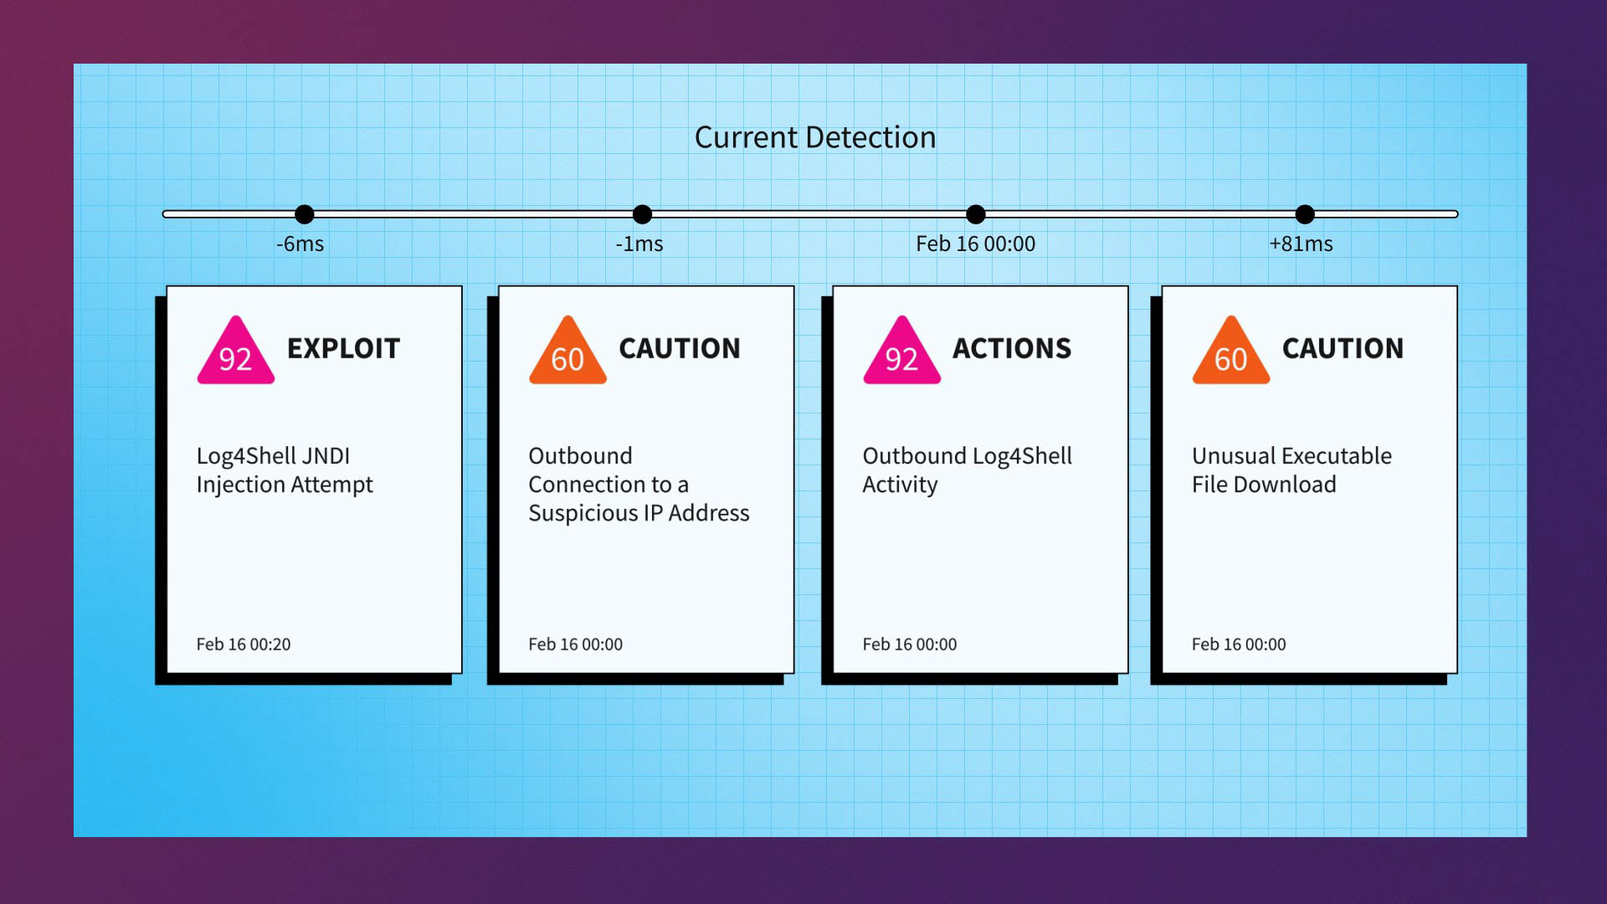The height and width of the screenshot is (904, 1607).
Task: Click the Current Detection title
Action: [814, 137]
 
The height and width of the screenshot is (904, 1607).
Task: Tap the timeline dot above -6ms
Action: [305, 214]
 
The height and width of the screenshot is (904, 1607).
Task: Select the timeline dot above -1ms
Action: [642, 214]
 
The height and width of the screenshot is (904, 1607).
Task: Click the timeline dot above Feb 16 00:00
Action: [975, 214]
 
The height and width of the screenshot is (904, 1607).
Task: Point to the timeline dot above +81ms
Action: [1304, 214]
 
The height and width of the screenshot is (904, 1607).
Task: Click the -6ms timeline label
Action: [300, 244]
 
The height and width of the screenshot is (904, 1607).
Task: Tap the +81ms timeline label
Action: [1301, 244]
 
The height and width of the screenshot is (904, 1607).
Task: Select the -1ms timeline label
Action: [639, 244]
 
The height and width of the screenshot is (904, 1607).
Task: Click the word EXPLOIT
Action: [343, 348]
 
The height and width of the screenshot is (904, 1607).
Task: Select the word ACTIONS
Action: [1011, 348]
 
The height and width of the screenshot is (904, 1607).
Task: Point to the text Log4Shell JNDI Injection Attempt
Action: [285, 470]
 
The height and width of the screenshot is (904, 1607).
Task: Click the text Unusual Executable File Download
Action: [1291, 470]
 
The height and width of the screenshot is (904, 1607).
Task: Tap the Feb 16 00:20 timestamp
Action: [244, 645]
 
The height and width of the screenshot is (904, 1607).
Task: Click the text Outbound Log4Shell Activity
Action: [967, 470]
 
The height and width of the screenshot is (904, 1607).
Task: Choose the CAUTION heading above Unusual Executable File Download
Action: [1343, 348]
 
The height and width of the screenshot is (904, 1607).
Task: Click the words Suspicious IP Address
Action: [639, 512]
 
